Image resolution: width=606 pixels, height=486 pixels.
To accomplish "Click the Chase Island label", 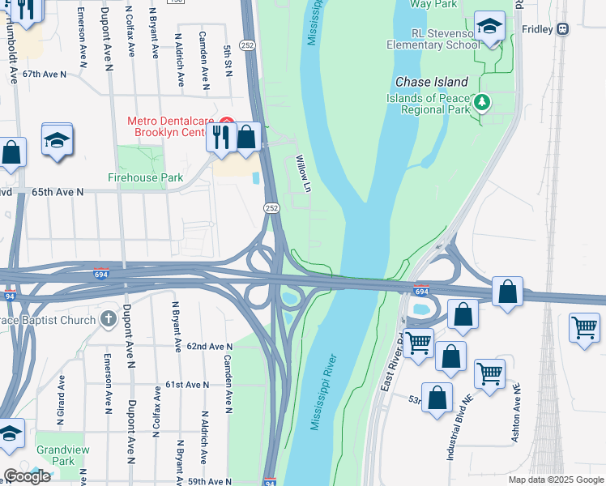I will pos(432,82).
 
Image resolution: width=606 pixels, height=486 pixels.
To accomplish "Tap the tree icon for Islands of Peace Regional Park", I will pos(483,102).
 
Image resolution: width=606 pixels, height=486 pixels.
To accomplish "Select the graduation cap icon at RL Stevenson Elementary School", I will pos(489,28).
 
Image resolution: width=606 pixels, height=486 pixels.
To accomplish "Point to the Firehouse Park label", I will pos(146,177).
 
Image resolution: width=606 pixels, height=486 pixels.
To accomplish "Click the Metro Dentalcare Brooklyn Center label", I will pos(174,127).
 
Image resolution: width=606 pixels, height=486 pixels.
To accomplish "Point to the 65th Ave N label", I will pos(58,192).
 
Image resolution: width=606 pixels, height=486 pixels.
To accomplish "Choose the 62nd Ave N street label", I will pos(210,346).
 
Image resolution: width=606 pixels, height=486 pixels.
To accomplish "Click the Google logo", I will pos(27,476).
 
